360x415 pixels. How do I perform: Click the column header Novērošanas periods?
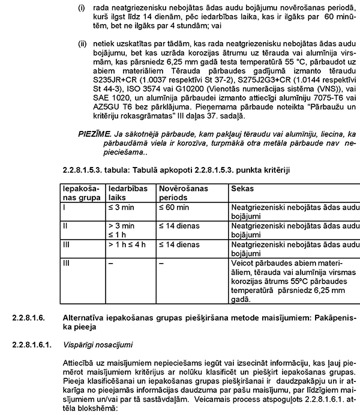pos(184,193)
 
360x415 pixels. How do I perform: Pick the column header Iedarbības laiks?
pos(127,193)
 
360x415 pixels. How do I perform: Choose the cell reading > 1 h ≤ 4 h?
pos(128,245)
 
